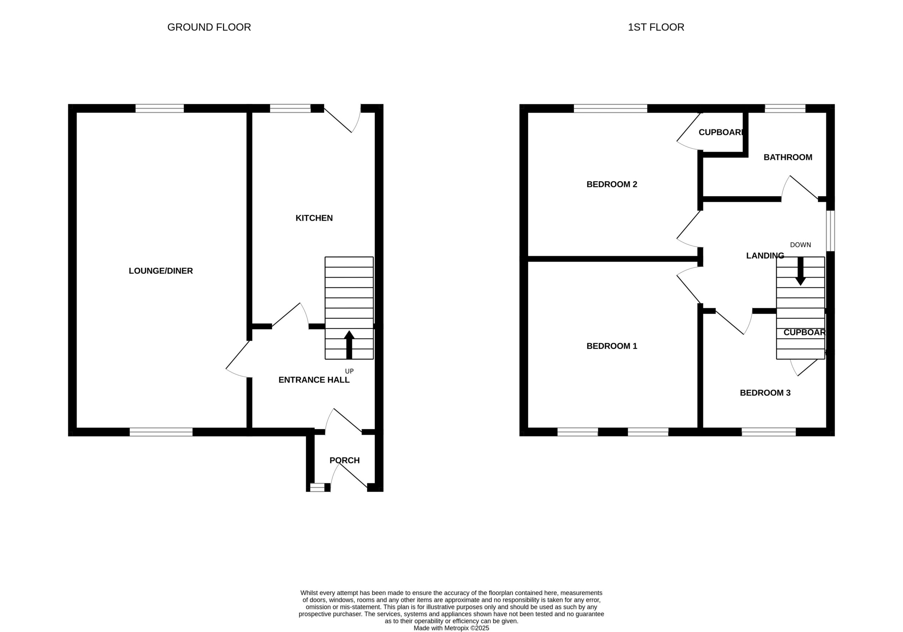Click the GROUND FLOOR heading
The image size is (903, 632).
(209, 27)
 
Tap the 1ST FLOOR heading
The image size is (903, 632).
(656, 27)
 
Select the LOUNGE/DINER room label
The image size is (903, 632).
(161, 271)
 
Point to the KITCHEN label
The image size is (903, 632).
(314, 218)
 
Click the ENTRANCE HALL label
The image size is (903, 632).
(314, 380)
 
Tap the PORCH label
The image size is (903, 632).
(345, 460)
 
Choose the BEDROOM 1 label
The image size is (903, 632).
(612, 346)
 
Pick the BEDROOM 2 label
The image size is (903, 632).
(612, 184)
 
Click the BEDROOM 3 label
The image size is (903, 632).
(765, 393)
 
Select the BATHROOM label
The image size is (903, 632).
(788, 157)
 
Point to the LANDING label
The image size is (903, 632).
(765, 256)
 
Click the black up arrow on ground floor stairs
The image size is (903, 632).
(349, 345)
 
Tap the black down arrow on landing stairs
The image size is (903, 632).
(800, 271)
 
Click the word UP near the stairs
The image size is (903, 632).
(349, 371)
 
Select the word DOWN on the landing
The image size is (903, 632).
(800, 245)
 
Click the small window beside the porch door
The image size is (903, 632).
(317, 488)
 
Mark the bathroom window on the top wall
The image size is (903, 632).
(785, 108)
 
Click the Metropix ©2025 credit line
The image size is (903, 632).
(451, 628)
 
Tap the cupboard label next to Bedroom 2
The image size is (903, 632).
(721, 132)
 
